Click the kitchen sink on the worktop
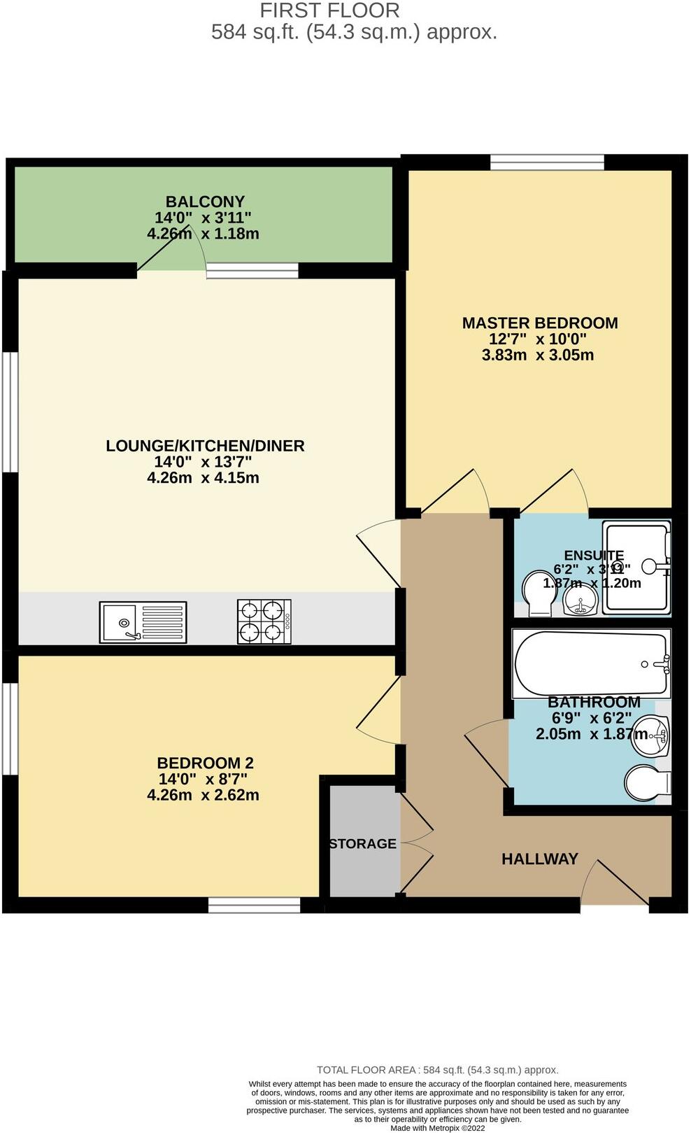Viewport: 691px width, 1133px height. pyautogui.click(x=143, y=622)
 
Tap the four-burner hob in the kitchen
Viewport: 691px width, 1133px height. pyautogui.click(x=264, y=621)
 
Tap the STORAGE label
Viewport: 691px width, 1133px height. pyautogui.click(x=363, y=844)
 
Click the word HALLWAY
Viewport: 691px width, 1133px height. pyautogui.click(x=540, y=859)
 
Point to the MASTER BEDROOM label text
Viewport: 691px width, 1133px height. pyautogui.click(x=540, y=323)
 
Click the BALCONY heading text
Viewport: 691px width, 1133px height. pyautogui.click(x=205, y=202)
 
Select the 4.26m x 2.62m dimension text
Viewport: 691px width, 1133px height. pyautogui.click(x=203, y=795)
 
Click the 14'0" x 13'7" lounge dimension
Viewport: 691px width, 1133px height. pyautogui.click(x=203, y=462)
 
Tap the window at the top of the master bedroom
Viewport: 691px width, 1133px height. pyautogui.click(x=547, y=162)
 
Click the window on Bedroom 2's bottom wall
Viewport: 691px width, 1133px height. pyautogui.click(x=255, y=906)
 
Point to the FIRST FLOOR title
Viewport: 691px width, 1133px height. pyautogui.click(x=330, y=10)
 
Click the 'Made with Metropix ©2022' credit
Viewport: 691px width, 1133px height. pyautogui.click(x=437, y=1127)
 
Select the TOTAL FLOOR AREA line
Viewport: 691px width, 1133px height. pyautogui.click(x=437, y=1070)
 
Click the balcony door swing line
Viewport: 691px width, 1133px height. pyautogui.click(x=164, y=252)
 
